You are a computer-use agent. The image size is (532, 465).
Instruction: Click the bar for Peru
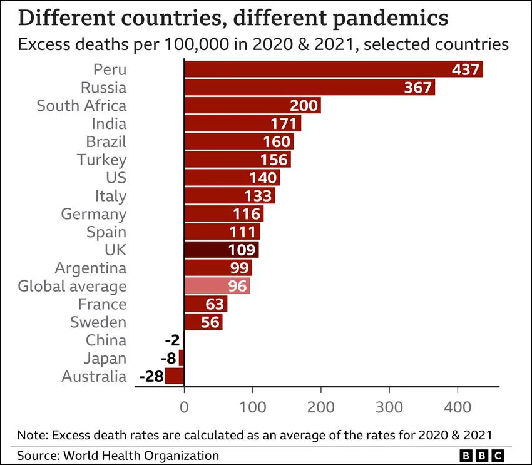point(332,69)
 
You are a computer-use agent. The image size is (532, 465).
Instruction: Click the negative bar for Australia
point(175,376)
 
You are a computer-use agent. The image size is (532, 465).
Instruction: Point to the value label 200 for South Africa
point(304,105)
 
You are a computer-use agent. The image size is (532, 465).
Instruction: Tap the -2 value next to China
point(171,340)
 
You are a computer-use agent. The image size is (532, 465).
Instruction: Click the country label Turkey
point(101,160)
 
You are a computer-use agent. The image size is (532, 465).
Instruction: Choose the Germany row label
point(93,214)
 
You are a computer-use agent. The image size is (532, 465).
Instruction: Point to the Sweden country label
point(98,322)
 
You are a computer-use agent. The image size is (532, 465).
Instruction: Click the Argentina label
point(90,268)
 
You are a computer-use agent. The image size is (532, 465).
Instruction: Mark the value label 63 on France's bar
point(215,304)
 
